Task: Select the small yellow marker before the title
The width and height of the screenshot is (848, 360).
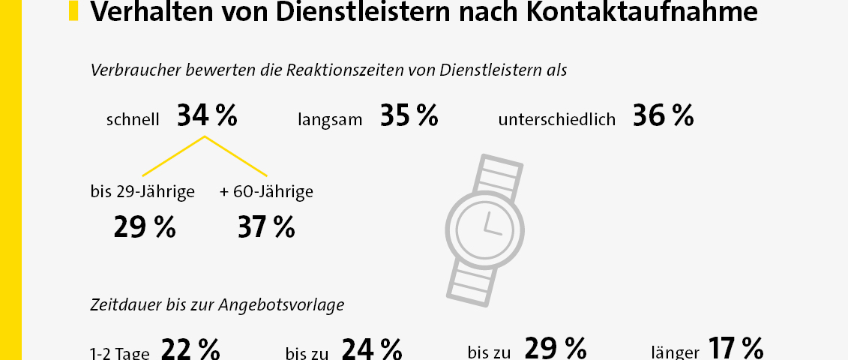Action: pos(73,10)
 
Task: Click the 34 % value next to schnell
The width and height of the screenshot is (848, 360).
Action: pos(207,116)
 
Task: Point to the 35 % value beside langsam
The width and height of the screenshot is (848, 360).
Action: pos(409,116)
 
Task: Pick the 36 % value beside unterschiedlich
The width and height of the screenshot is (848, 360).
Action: pos(663,116)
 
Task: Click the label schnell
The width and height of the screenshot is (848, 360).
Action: pos(133,119)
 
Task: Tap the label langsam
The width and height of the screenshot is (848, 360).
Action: pos(330,119)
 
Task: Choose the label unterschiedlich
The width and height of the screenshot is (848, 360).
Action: pos(556,119)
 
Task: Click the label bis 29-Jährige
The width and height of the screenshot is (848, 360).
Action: pos(142,192)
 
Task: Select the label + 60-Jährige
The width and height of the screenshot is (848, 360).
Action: pos(266,192)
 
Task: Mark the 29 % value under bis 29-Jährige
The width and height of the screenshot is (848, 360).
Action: pos(145,227)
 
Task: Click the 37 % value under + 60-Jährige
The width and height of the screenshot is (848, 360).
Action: pos(266,227)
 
